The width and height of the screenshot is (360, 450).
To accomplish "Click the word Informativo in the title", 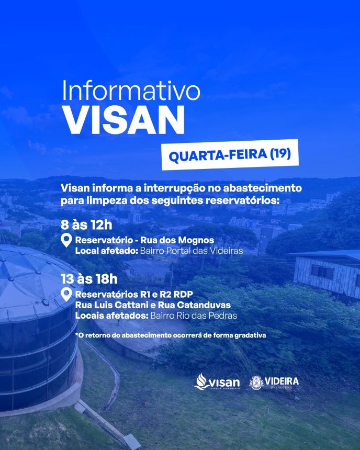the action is pyautogui.click(x=131, y=90).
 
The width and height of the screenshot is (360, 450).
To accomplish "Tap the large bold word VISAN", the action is pyautogui.click(x=124, y=120).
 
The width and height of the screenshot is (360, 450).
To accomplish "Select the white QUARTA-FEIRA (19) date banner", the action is pyautogui.click(x=230, y=155).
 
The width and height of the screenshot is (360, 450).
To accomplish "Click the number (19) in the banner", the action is pyautogui.click(x=280, y=153).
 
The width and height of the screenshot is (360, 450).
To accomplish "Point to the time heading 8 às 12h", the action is pyautogui.click(x=86, y=224).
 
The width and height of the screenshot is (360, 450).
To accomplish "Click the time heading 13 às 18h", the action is pyautogui.click(x=89, y=279).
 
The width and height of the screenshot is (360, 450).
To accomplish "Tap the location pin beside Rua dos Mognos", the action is pyautogui.click(x=66, y=241).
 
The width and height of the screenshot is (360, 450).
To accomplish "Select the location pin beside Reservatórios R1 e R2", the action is pyautogui.click(x=66, y=295).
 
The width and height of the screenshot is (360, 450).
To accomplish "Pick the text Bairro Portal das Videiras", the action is pyautogui.click(x=191, y=251).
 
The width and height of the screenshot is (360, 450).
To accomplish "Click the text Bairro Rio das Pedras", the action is pyautogui.click(x=194, y=316).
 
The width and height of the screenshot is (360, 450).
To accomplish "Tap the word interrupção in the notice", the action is pyautogui.click(x=175, y=188).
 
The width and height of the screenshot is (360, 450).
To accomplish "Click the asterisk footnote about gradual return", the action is pyautogui.click(x=171, y=335).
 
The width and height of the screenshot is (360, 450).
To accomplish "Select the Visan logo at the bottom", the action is pyautogui.click(x=217, y=381).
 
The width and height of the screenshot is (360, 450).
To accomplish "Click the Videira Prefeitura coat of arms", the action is pyautogui.click(x=256, y=383).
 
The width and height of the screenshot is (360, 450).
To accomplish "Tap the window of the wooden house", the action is pyautogui.click(x=322, y=272).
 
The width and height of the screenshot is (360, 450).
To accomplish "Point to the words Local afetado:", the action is pyautogui.click(x=106, y=251).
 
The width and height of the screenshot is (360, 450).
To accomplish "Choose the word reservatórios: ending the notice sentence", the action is pyautogui.click(x=242, y=200).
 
